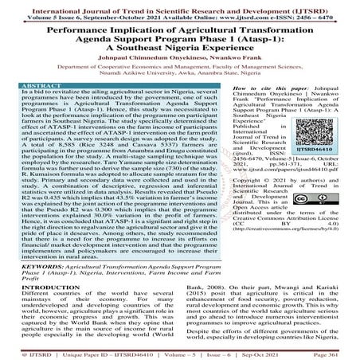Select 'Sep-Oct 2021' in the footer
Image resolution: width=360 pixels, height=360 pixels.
coord(267,353)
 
